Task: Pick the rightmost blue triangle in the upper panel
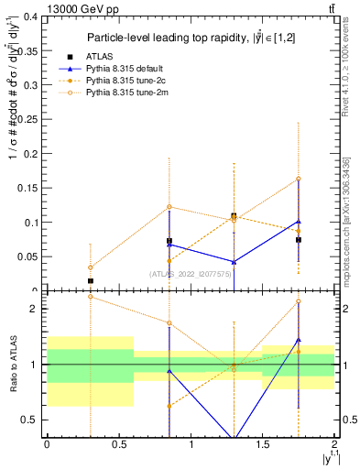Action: pyautogui.click(x=299, y=221)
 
